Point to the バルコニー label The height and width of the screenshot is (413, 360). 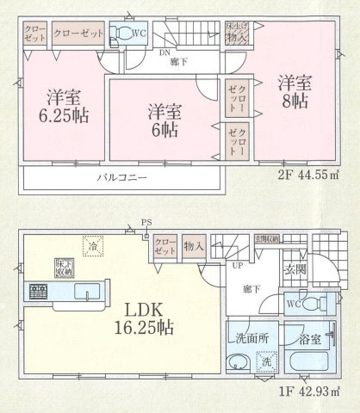click(x=121, y=177)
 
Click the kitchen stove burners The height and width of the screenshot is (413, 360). click(x=38, y=292)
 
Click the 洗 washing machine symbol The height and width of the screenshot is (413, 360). click(x=266, y=362)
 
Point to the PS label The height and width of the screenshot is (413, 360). click(x=146, y=223)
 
